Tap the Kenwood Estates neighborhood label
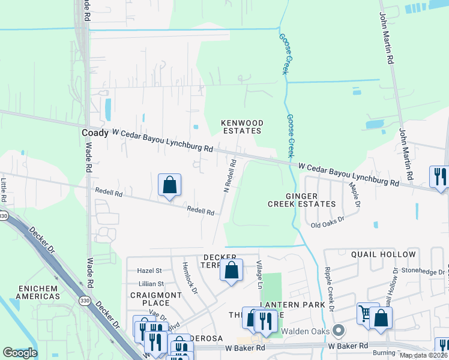click(x=243, y=127)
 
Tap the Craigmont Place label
click(x=156, y=299)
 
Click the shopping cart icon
click(x=367, y=314)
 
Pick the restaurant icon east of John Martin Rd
click(x=439, y=177)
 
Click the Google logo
click(x=20, y=353)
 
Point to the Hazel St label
click(x=150, y=271)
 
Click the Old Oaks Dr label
click(x=327, y=225)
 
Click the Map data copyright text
click(x=423, y=355)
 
